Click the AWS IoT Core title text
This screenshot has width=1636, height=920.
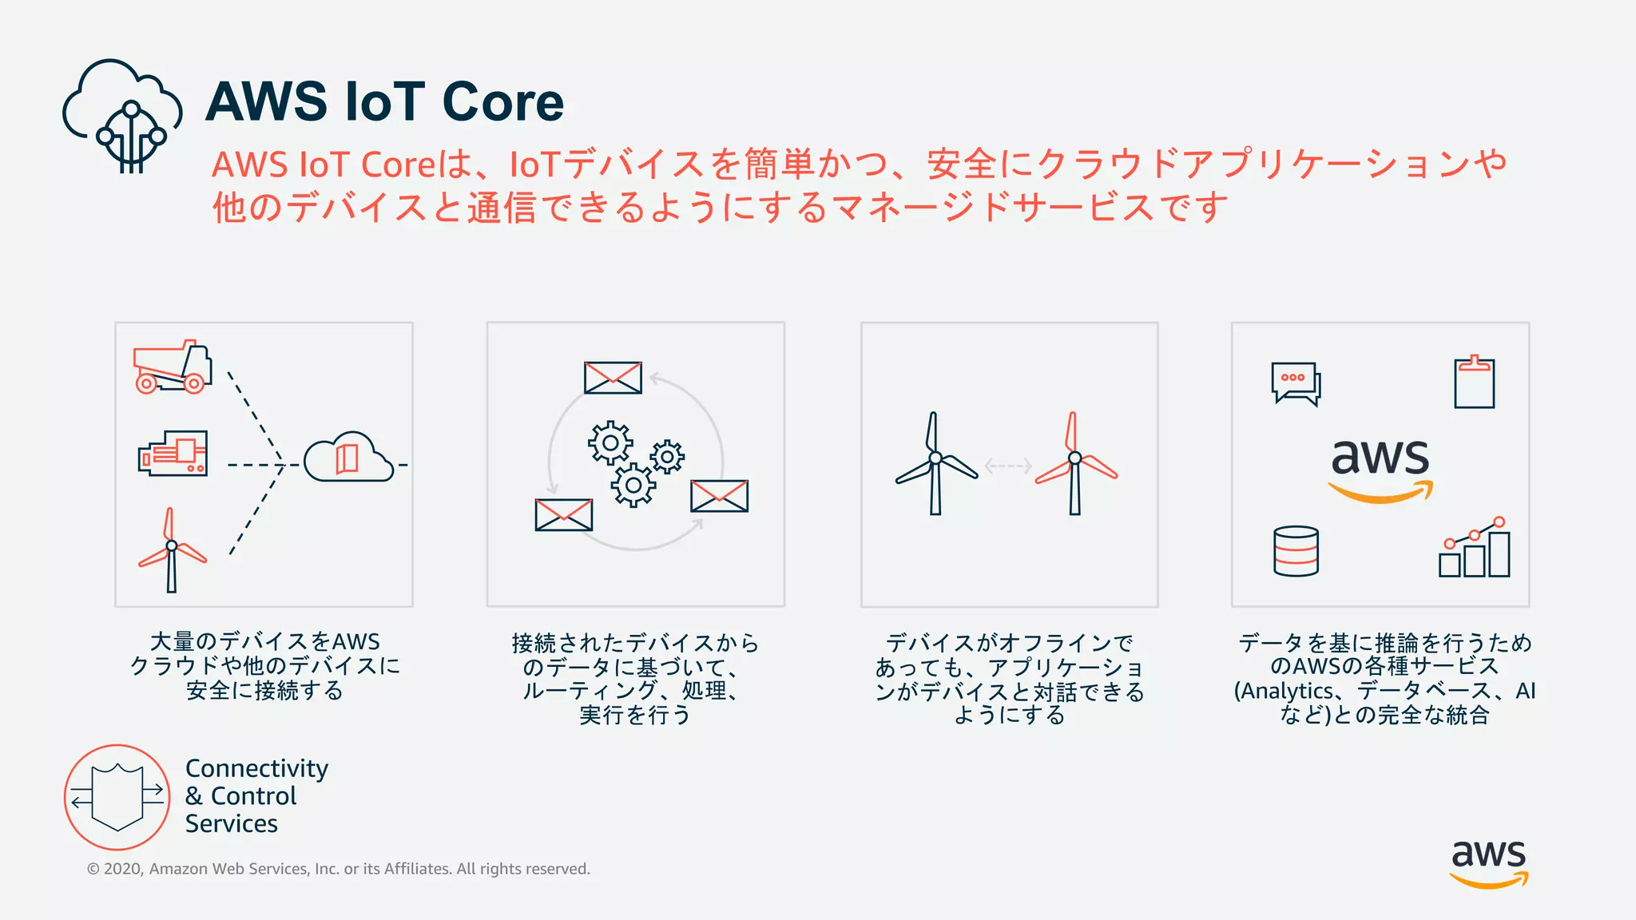coord(384,102)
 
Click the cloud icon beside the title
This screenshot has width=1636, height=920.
coord(121,114)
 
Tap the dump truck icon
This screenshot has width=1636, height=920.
coord(173,368)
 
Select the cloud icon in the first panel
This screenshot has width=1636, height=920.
coord(348,458)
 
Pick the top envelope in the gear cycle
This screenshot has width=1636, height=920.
coord(613,378)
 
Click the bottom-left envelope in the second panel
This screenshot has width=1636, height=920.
coord(564,515)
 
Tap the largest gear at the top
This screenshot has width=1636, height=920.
coord(610,442)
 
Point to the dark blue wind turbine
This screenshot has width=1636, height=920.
coord(935,464)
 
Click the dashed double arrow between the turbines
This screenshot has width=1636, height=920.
coord(1008,466)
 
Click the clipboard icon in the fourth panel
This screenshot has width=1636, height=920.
coord(1474,383)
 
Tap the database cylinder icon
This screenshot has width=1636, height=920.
coord(1296,551)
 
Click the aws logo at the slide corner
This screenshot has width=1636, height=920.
coord(1488,862)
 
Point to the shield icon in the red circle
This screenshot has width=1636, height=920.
coord(117,797)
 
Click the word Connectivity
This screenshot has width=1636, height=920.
coord(256,768)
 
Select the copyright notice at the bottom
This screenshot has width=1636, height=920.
coord(339,869)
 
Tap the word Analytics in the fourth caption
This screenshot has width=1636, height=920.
coord(1286,691)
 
